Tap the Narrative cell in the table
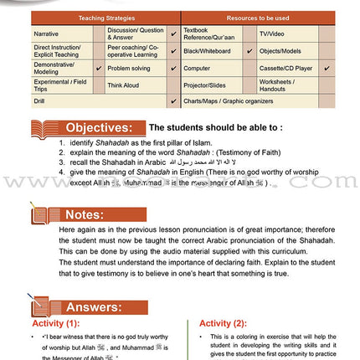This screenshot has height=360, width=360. click(x=47, y=34)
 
